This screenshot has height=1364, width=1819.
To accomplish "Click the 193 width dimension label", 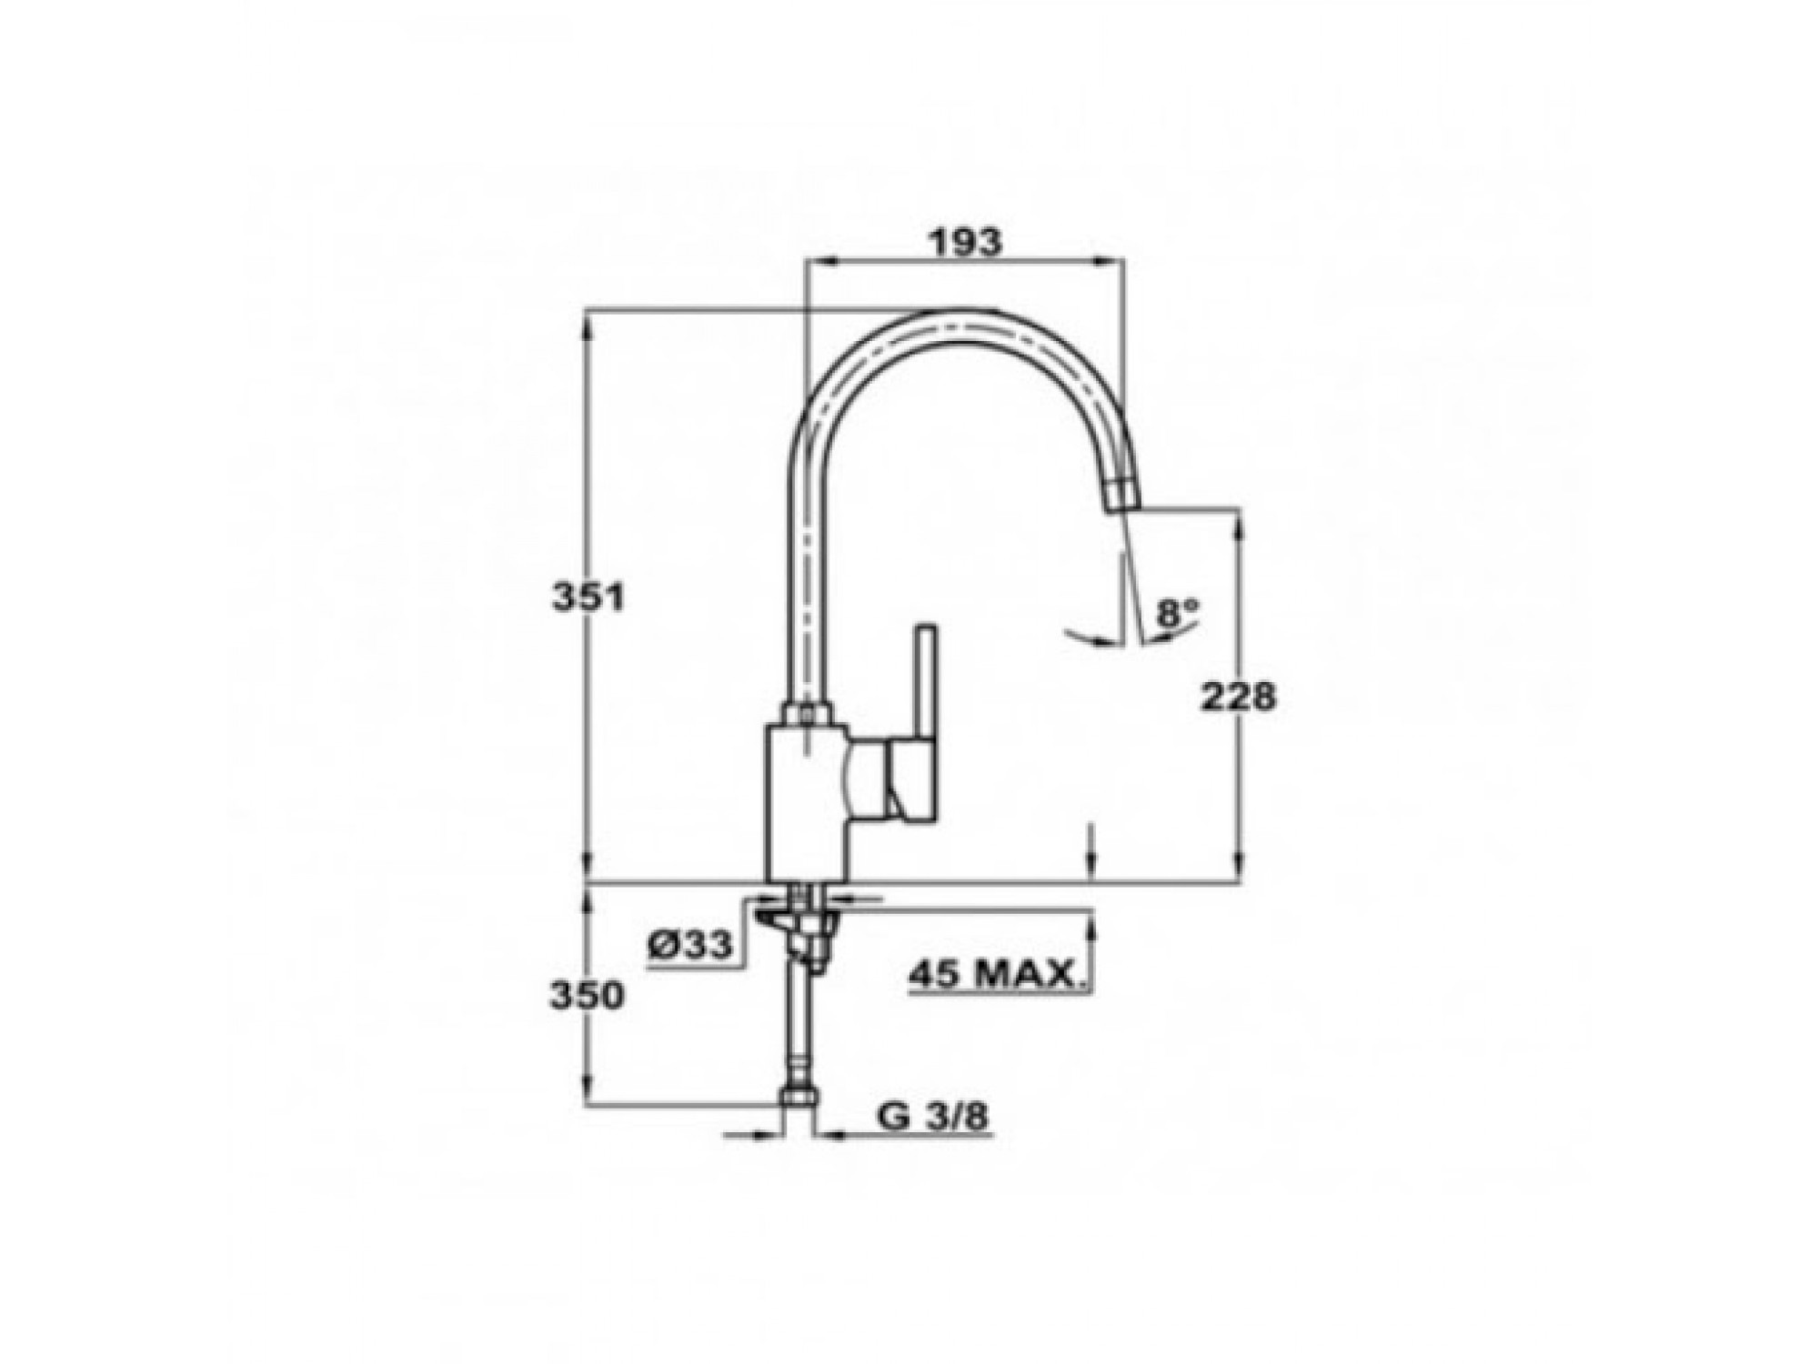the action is tap(964, 242).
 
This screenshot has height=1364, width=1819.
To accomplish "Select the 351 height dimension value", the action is tap(589, 597).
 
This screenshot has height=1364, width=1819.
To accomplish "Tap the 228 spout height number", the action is tap(1239, 696).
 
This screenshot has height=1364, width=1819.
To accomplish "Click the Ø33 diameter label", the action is tap(689, 945).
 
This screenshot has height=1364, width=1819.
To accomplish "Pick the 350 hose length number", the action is tap(587, 995).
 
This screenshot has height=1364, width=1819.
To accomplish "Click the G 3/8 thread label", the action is tap(933, 1117).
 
